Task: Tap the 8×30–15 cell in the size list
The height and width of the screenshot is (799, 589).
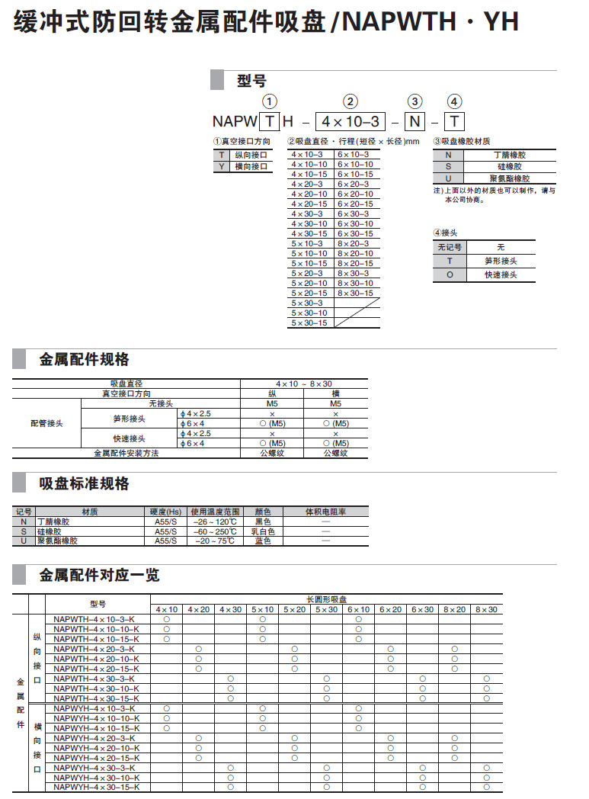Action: [356, 294]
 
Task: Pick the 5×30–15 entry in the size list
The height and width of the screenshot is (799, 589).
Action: [309, 323]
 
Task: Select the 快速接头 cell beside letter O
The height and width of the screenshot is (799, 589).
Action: [501, 274]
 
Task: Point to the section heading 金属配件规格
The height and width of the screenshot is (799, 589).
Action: [84, 360]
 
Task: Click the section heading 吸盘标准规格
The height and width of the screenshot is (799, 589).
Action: [84, 484]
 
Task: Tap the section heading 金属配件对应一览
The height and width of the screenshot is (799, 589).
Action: [99, 575]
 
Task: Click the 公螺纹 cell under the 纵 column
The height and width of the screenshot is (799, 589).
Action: [272, 453]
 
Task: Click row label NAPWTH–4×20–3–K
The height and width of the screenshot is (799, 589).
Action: [97, 649]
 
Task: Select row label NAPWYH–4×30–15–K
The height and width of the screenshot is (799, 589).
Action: [97, 787]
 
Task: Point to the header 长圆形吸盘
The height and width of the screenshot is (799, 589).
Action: [326, 599]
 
